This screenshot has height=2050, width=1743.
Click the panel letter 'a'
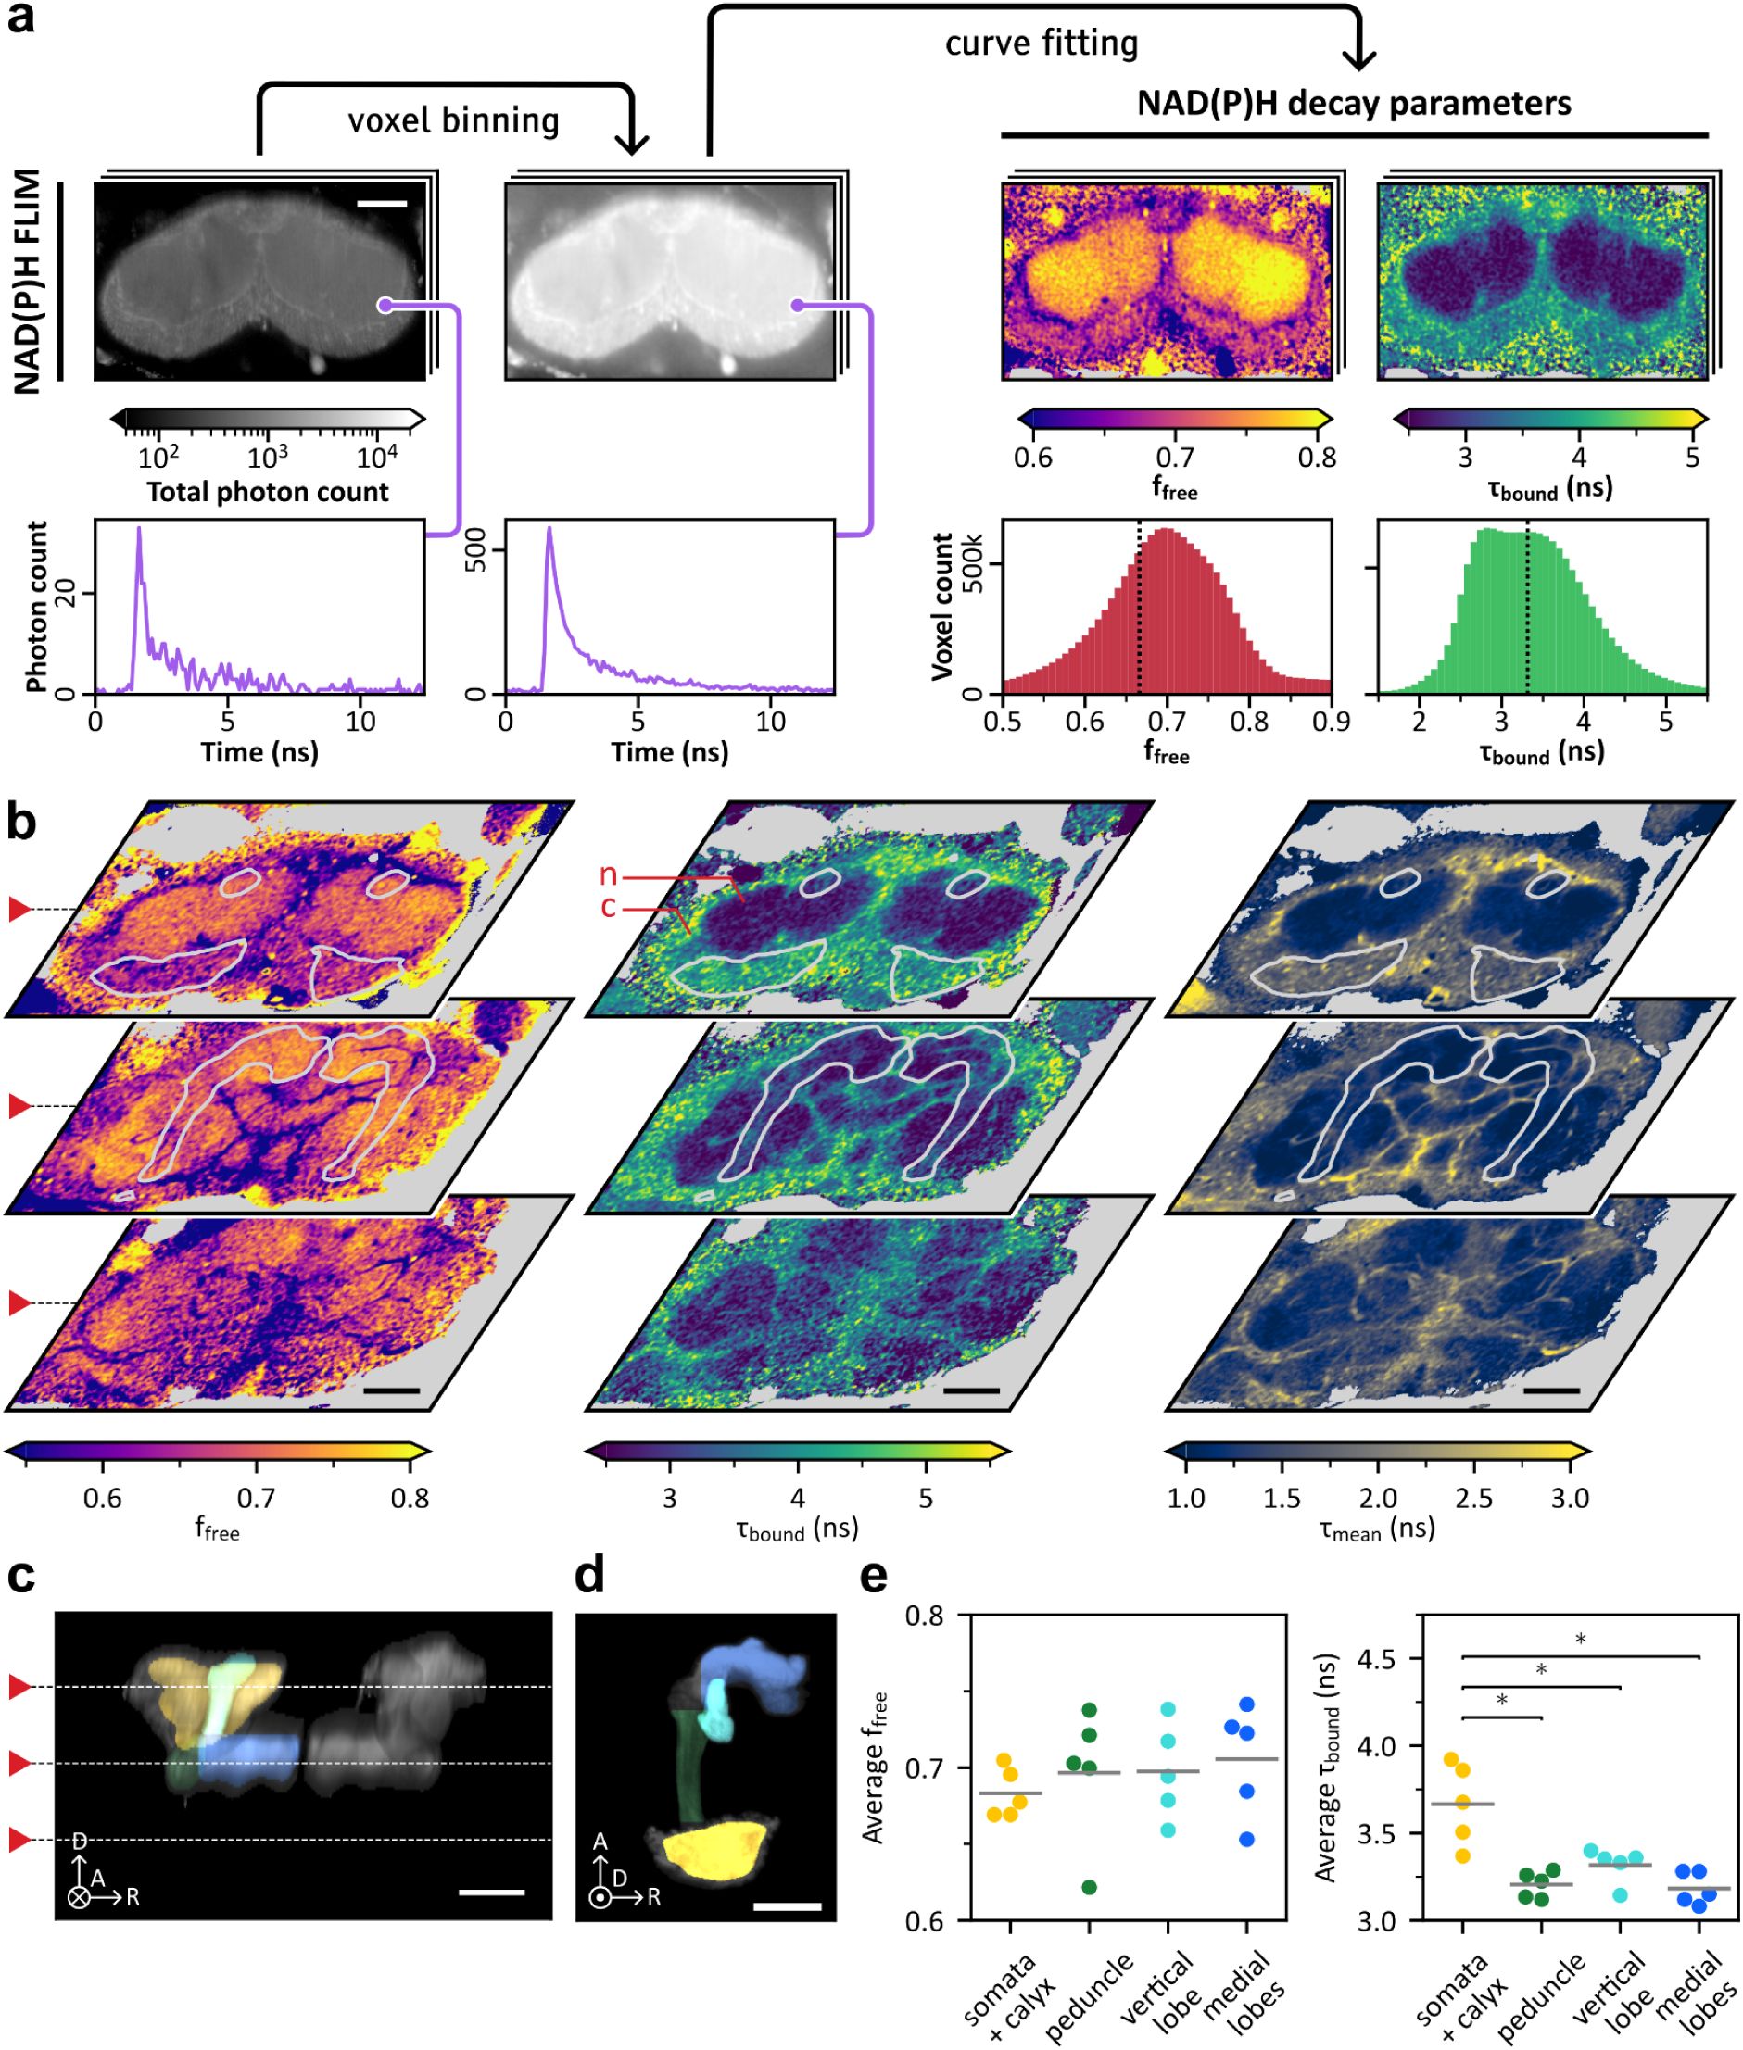(20, 19)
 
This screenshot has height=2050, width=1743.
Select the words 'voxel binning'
(453, 120)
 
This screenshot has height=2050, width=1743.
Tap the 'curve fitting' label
(1042, 44)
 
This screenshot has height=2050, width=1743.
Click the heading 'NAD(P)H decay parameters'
(1354, 103)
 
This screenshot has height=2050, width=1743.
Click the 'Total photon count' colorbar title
(268, 492)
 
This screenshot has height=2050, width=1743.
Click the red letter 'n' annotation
(609, 874)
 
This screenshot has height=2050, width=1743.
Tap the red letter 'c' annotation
(609, 907)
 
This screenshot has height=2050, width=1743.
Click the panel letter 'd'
(590, 1578)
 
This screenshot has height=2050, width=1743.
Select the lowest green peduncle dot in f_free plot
(1089, 1888)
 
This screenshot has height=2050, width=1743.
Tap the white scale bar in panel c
(492, 1893)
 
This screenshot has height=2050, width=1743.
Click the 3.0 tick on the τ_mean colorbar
(1569, 1500)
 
